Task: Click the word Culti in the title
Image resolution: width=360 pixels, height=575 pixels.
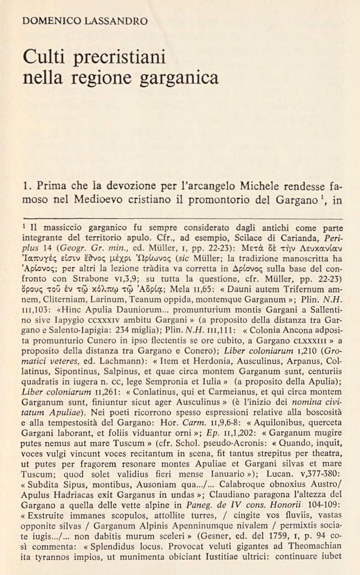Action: click(x=43, y=57)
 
